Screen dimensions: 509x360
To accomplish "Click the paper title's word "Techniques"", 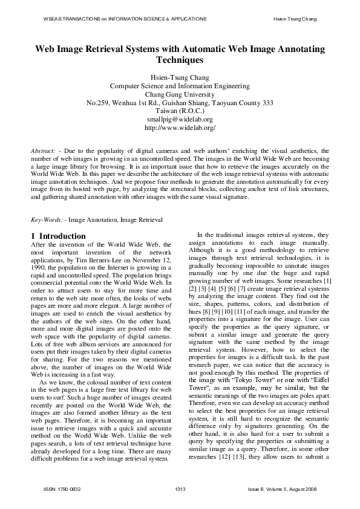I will point(180,60).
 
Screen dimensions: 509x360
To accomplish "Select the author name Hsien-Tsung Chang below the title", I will point(180,77).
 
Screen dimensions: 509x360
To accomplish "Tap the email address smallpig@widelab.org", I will point(180,120).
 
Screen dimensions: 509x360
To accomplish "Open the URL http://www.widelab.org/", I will point(180,128).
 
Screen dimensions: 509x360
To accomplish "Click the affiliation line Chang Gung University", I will point(180,94).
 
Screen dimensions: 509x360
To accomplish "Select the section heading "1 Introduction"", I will point(58,236).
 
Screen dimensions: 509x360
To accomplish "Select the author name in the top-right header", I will point(295,19).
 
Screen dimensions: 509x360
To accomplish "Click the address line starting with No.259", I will point(180,103).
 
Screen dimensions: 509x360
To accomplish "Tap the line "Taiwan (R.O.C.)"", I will point(180,111).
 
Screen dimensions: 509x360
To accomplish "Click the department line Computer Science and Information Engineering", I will point(180,86).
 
